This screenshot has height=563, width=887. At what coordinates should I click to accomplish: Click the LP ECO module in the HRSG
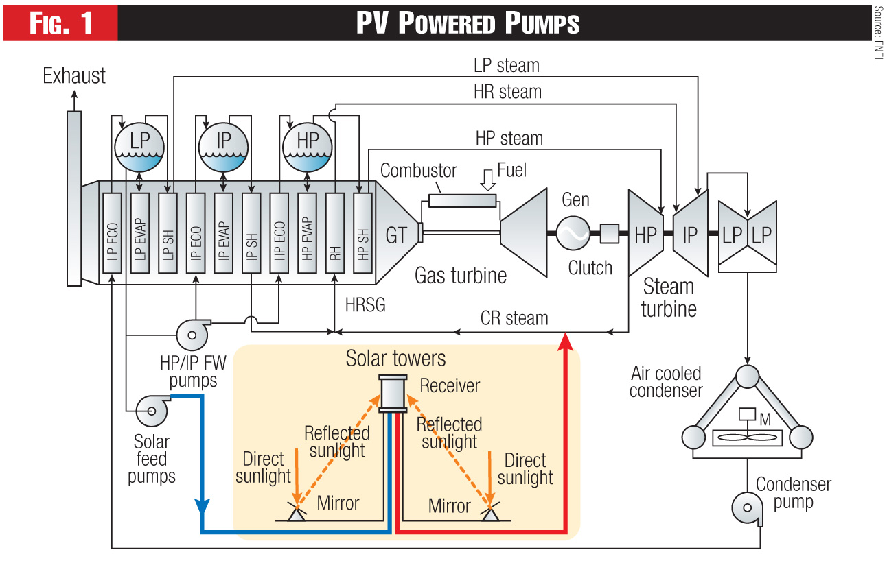pyautogui.click(x=112, y=235)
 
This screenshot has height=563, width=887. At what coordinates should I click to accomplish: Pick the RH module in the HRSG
pyautogui.click(x=334, y=235)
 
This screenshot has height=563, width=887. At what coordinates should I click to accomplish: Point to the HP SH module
pyautogui.click(x=362, y=235)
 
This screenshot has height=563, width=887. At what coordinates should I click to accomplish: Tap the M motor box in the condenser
pyautogui.click(x=745, y=416)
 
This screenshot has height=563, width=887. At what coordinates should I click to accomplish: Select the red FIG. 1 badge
pyautogui.click(x=60, y=23)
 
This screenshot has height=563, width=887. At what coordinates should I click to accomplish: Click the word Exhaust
pyautogui.click(x=74, y=75)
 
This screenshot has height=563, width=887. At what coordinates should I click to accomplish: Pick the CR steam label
pyautogui.click(x=514, y=318)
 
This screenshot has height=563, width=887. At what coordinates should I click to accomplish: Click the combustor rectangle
pyautogui.click(x=462, y=201)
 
